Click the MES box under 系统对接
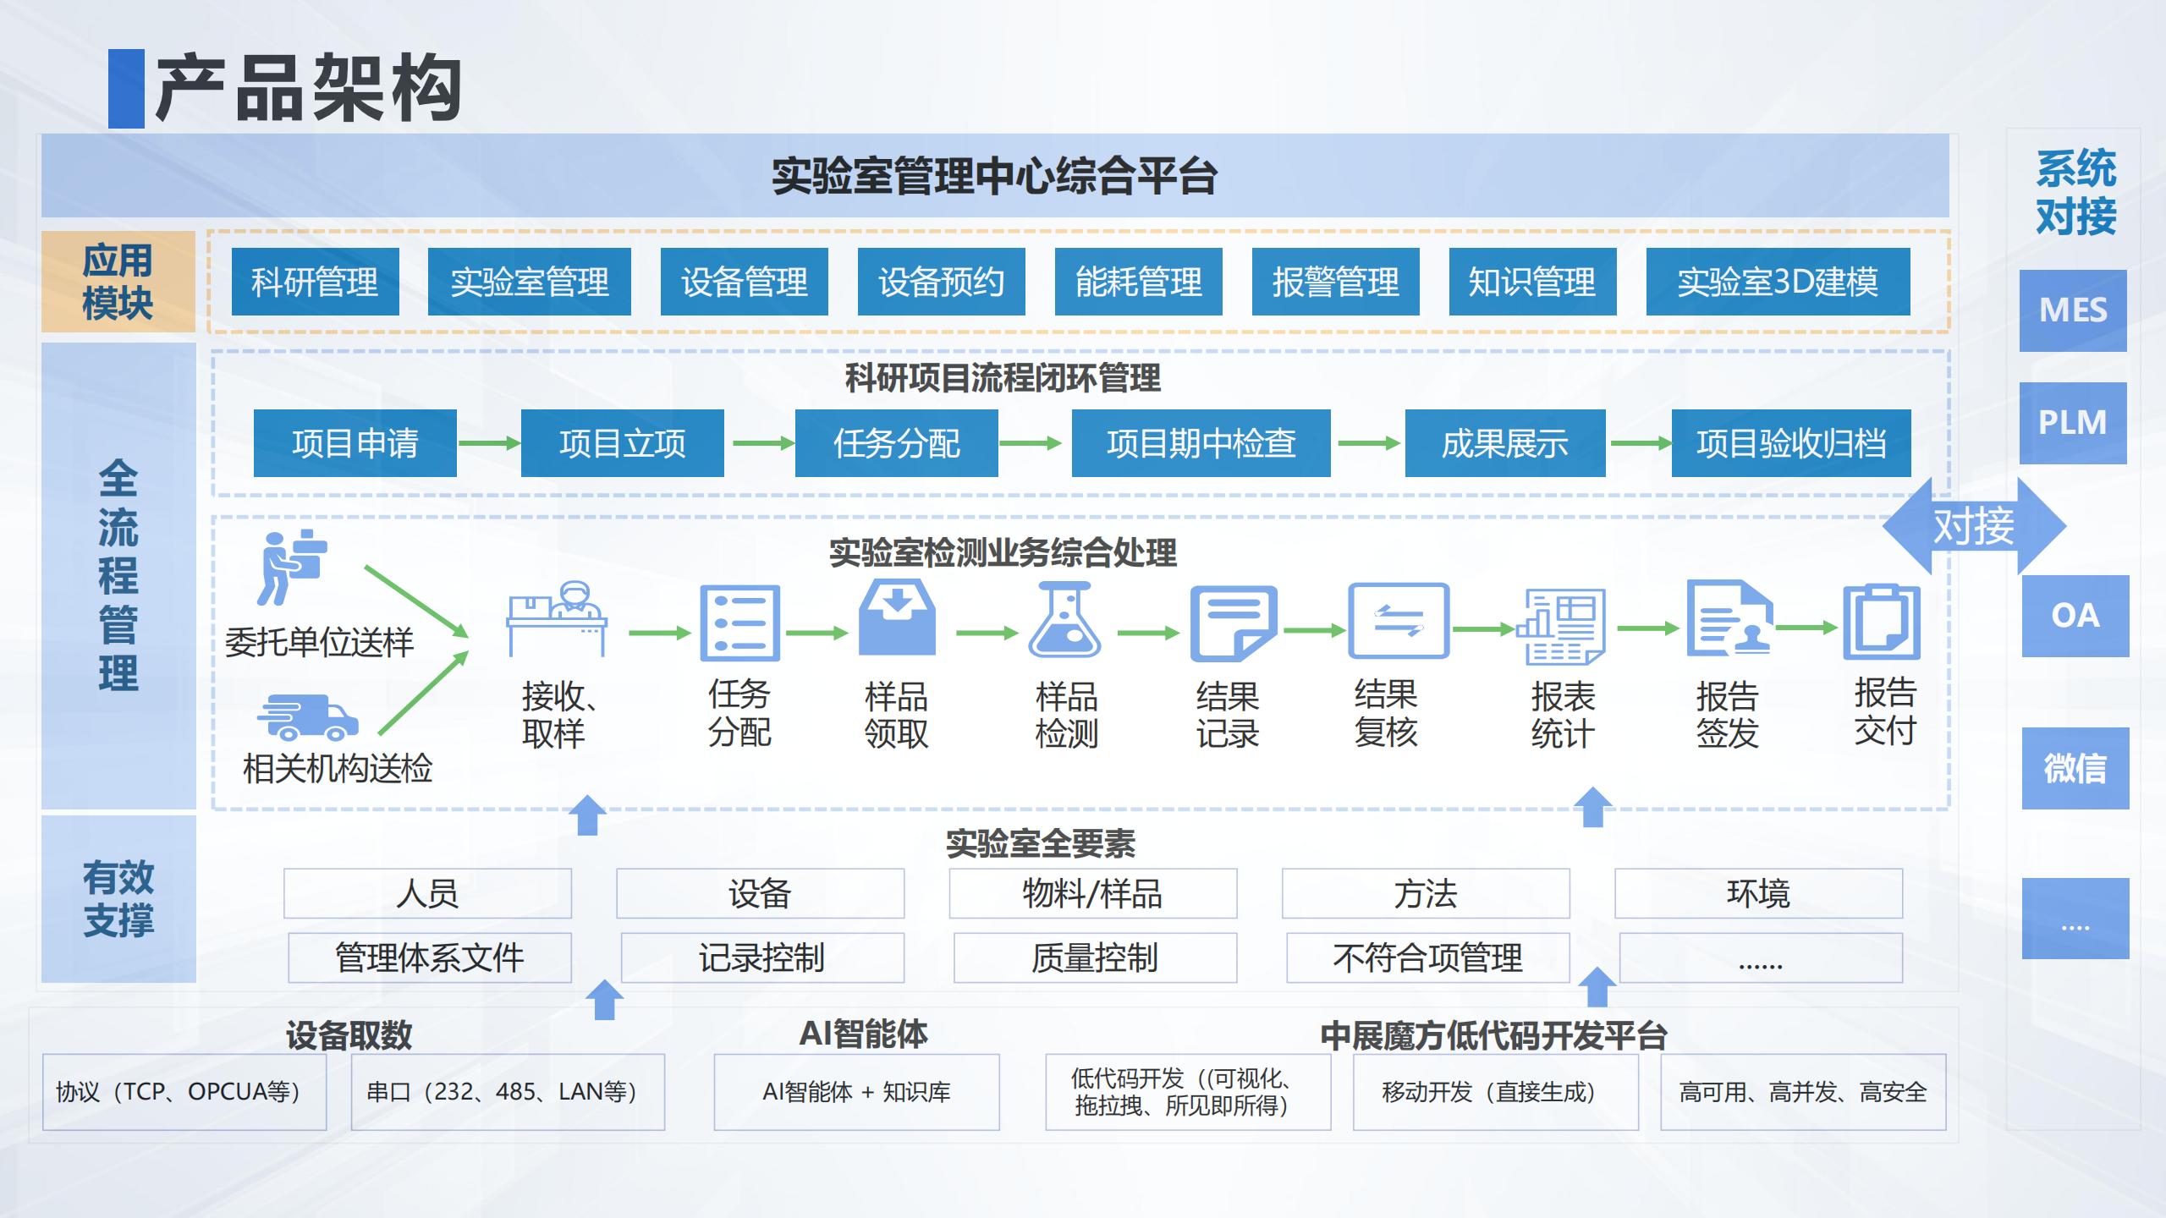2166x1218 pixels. (2072, 310)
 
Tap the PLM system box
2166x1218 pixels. (2072, 422)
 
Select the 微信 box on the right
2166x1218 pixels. (2075, 768)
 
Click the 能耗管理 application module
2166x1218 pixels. (1138, 282)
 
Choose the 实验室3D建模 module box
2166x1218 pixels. (1777, 282)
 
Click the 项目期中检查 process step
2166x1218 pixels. (1201, 443)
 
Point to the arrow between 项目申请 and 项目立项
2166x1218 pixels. (488, 443)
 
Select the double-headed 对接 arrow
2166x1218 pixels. (1973, 526)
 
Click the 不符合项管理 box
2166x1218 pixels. (1427, 957)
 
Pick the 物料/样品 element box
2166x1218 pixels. (1092, 893)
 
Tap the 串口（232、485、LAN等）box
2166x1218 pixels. (508, 1092)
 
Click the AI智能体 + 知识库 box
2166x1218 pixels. (856, 1092)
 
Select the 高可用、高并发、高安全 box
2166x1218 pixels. (1802, 1092)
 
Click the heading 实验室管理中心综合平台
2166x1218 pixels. (994, 176)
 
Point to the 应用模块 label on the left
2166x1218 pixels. (118, 282)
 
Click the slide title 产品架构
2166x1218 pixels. (308, 88)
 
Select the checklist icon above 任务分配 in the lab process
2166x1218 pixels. (739, 623)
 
